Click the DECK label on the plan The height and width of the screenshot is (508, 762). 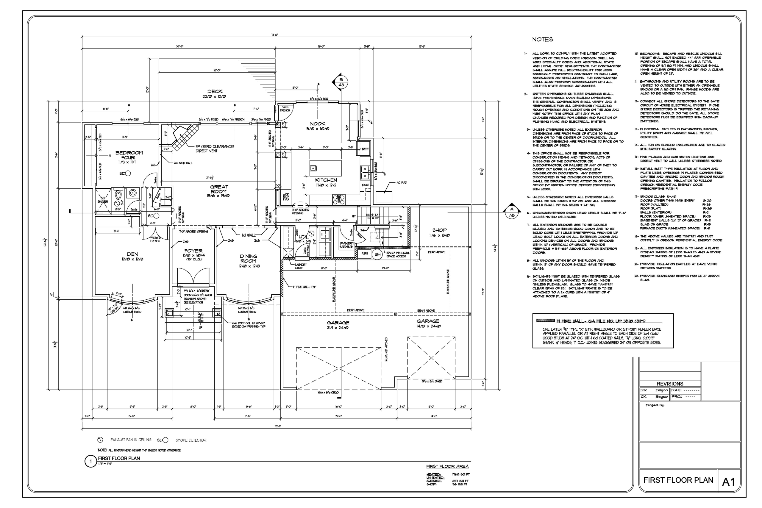215,92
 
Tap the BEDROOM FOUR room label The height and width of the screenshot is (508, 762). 129,155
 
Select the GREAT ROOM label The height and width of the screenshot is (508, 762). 219,189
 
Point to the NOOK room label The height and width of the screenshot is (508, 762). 318,124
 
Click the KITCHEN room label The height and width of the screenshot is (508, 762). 326,180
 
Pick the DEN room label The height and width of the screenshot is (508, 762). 132,254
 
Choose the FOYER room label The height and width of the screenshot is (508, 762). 193,251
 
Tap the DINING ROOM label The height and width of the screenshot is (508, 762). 249,259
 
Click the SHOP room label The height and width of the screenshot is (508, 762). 439,230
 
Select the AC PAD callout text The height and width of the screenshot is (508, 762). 402,183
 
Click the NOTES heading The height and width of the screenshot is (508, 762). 543,40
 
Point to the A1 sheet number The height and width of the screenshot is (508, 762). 729,482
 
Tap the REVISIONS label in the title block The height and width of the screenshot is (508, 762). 670,384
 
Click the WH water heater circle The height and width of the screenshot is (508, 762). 377,255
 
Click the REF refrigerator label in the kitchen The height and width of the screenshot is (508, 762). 366,149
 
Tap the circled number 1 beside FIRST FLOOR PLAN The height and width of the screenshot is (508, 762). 91,462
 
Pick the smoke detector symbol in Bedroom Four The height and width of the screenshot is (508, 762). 128,173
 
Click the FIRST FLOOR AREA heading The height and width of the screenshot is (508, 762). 447,466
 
